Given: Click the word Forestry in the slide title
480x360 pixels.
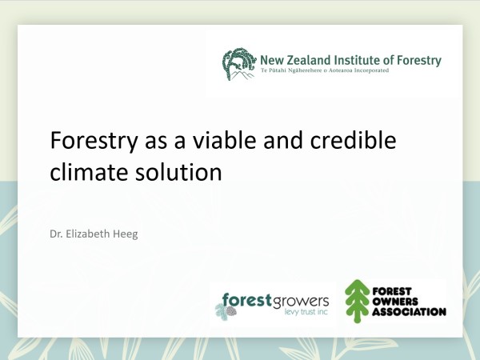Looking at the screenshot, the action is pos(94,141).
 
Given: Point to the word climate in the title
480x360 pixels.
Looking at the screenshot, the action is pos(89,171).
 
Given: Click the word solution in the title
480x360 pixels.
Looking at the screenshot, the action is pos(178,171).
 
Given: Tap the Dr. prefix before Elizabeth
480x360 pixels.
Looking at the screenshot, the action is pos(56,234).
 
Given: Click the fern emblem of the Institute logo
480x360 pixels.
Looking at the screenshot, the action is pos(239,64).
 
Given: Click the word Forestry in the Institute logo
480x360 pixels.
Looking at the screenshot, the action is pos(419,61).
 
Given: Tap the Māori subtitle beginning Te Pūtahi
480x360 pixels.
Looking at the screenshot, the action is pos(325,70).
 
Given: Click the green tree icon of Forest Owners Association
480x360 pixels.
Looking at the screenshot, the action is pos(357,302).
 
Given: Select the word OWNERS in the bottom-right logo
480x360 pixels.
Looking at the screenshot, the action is pos(395,302).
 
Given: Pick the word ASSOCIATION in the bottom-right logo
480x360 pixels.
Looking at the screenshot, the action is pos(410,312).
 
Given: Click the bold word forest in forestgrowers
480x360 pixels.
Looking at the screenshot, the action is pos(247,300).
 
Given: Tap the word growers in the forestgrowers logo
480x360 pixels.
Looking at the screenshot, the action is pos(301,302).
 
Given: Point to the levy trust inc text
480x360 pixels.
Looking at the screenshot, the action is pos(306,312).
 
